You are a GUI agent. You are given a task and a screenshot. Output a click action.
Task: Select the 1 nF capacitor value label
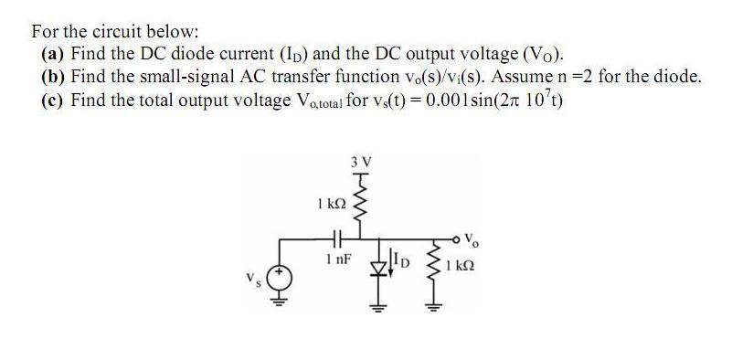click(x=333, y=261)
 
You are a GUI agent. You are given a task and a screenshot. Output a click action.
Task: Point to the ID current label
click(x=403, y=268)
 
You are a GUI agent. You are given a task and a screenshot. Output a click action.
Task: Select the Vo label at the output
click(x=470, y=241)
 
